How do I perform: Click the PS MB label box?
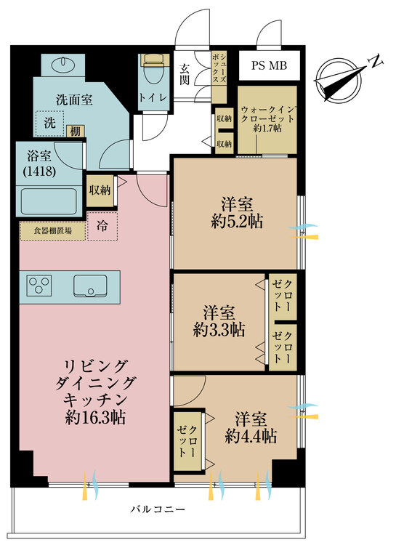coord(270,66)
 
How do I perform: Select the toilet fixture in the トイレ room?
coord(152,68)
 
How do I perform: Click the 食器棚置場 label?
coord(52,231)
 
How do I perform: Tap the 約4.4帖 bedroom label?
coord(251,436)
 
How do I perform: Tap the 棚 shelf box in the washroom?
coord(75,131)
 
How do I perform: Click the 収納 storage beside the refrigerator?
coord(100,190)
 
